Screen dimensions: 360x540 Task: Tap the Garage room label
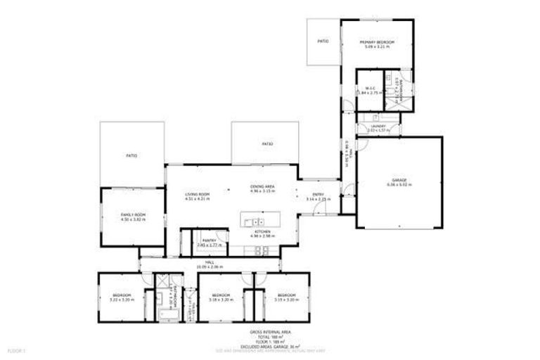[399, 181]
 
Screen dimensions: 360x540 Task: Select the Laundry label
[378, 126]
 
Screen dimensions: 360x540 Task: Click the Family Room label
[128, 214]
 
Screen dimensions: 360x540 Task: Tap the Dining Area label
[262, 187]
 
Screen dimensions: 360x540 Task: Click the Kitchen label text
[262, 231]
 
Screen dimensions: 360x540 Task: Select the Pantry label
[208, 241]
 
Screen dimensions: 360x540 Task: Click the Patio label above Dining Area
[266, 144]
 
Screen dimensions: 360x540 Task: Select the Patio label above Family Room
[131, 156]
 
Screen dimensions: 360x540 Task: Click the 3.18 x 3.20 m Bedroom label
[221, 296]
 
